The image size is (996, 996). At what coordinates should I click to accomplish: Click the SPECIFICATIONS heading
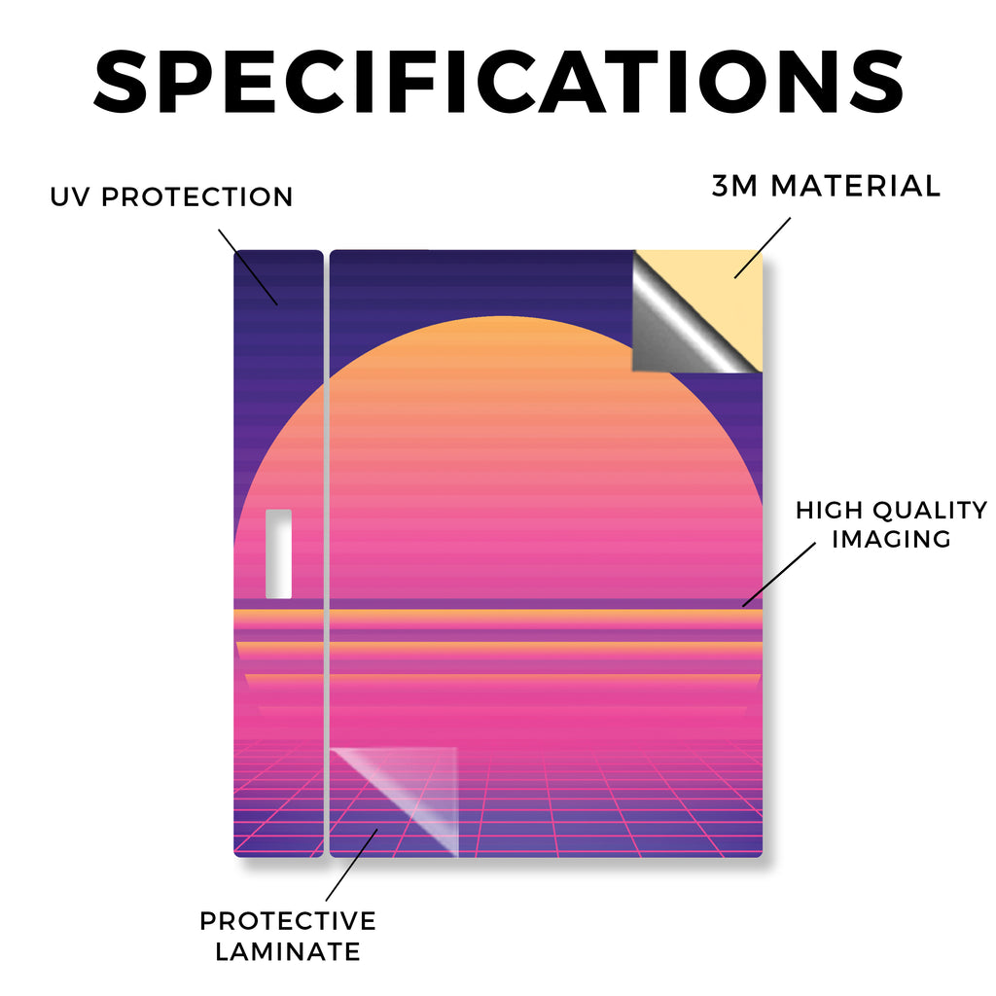click(x=499, y=82)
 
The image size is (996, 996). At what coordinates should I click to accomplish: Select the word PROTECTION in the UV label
click(x=196, y=196)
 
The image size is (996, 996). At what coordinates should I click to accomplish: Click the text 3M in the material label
click(x=734, y=186)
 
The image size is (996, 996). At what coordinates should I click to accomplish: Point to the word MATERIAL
click(x=856, y=186)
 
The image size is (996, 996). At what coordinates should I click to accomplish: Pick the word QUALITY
click(x=930, y=510)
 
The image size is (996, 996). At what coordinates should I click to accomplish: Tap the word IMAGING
click(x=891, y=539)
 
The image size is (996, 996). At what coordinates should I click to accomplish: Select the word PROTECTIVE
click(x=288, y=921)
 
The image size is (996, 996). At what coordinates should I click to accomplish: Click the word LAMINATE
click(x=288, y=951)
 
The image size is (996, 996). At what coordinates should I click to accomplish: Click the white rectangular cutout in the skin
click(x=278, y=553)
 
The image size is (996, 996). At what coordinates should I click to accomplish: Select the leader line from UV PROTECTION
click(x=248, y=267)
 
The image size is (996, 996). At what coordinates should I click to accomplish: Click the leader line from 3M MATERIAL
click(x=763, y=248)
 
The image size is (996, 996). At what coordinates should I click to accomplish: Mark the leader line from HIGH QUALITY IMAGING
click(x=779, y=575)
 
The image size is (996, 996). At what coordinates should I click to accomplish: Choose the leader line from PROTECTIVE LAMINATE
click(x=351, y=865)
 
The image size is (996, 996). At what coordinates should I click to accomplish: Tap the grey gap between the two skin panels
click(x=327, y=553)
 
